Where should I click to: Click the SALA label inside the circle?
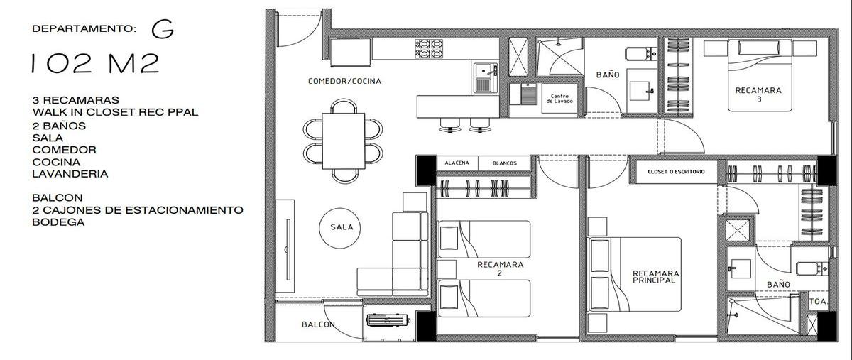coord(342,227)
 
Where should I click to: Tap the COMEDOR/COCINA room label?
coord(344,81)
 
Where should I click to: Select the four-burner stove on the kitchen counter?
coord(429,49)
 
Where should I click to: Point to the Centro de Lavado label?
coord(559,99)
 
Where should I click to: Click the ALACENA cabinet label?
coord(457,163)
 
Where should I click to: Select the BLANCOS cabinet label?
coord(504,163)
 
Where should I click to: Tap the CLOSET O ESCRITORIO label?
coord(676,172)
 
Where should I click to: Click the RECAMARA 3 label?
coord(758,94)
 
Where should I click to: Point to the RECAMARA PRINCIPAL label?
coord(656,277)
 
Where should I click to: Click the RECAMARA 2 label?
coord(500,268)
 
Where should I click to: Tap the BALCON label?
coord(318,324)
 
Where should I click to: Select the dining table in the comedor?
coord(344,141)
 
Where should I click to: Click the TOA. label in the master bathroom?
coord(818,302)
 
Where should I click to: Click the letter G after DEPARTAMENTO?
coord(163,29)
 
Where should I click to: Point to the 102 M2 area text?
coord(95,64)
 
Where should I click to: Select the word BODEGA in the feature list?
coord(58,222)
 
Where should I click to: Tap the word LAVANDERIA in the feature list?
coord(70,174)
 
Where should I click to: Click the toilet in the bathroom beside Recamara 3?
coord(641,54)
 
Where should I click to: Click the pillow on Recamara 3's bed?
coord(760,48)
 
